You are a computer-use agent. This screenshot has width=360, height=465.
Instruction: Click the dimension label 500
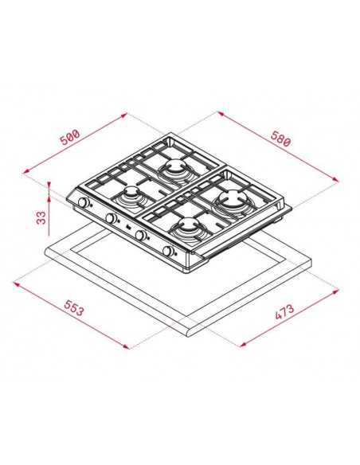[x=70, y=137]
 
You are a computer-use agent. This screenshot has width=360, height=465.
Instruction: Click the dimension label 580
[x=280, y=139]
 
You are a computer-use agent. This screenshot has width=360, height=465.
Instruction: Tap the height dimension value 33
[x=41, y=217]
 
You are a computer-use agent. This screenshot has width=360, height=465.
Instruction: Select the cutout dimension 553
[x=74, y=307]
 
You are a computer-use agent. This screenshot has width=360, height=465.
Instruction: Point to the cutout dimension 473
[x=284, y=312]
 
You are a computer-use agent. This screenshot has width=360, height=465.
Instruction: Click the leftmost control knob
[x=84, y=203]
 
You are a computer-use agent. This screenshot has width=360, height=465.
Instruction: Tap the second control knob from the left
[x=111, y=218]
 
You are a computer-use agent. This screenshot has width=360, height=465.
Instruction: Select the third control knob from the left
[x=140, y=235]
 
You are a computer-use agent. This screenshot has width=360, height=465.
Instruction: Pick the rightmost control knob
[x=169, y=251]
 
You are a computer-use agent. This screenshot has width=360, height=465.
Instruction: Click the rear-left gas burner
[x=175, y=168]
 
